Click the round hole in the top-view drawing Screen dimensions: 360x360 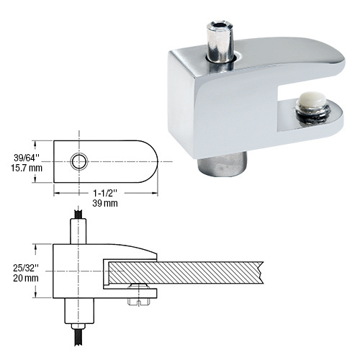coord(78,161)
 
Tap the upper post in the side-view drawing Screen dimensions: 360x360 coord(78,230)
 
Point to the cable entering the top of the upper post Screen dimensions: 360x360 coord(78,214)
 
